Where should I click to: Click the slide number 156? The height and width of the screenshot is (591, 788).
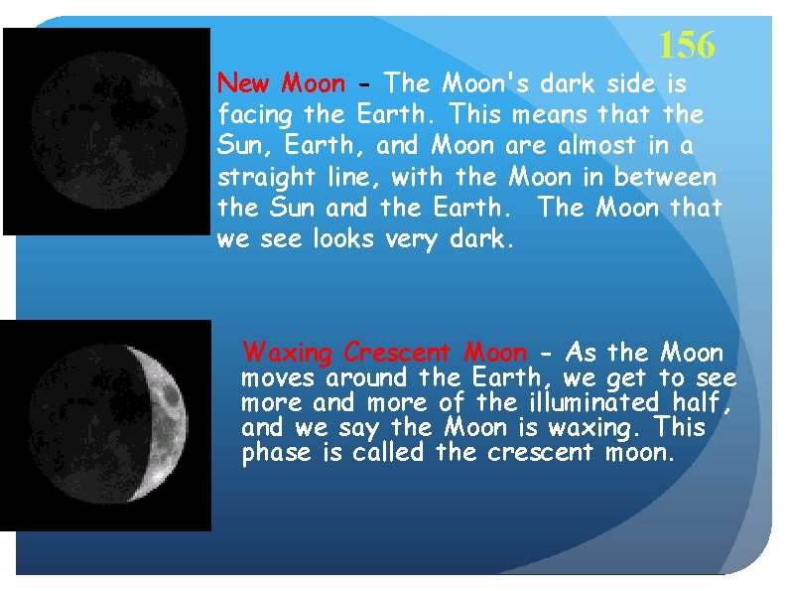[x=686, y=45]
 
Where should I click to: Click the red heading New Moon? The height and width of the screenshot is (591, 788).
[x=282, y=82]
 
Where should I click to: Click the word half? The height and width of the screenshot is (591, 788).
[x=706, y=403]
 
